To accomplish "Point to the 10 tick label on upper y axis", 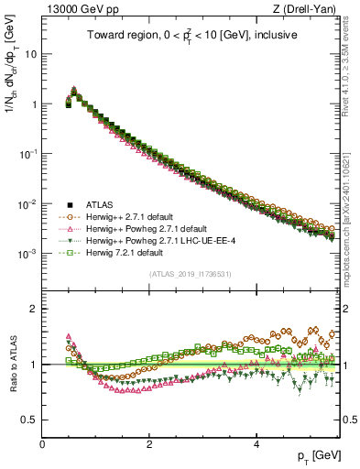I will [30, 54].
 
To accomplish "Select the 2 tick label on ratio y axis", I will [33, 309].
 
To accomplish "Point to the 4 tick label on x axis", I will [256, 442].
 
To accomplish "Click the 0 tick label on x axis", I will [42, 442].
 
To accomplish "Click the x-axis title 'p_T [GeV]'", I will [318, 455].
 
